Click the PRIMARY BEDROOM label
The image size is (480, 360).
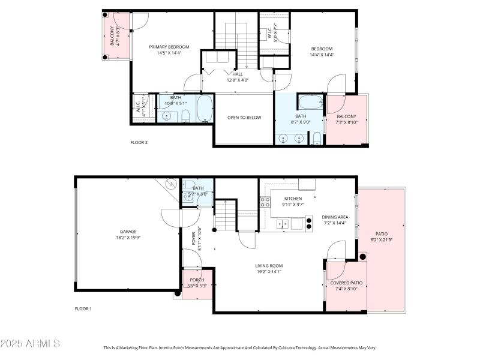(169, 47)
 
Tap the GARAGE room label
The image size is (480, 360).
(128, 231)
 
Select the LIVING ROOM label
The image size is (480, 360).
(269, 265)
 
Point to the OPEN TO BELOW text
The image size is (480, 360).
(244, 118)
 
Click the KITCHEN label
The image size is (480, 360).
(293, 198)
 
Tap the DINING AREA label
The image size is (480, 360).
(335, 217)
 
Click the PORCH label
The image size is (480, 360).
(197, 280)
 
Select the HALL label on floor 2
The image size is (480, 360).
(238, 74)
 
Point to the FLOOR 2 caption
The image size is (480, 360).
(139, 142)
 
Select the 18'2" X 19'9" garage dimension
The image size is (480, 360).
(128, 238)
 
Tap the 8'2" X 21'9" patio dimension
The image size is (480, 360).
(382, 240)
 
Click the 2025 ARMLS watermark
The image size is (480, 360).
(30, 344)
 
